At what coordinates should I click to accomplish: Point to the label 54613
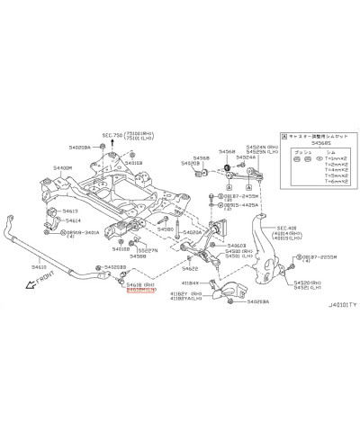click(69, 211)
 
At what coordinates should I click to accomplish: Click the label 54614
click(72, 220)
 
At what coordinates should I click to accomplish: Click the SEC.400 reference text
click(286, 229)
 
